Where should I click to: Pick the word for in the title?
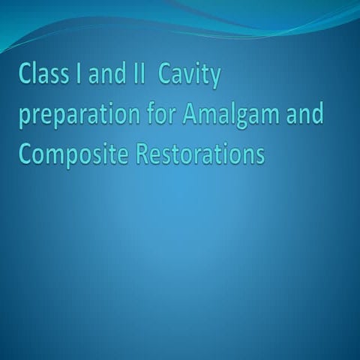click(x=160, y=115)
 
